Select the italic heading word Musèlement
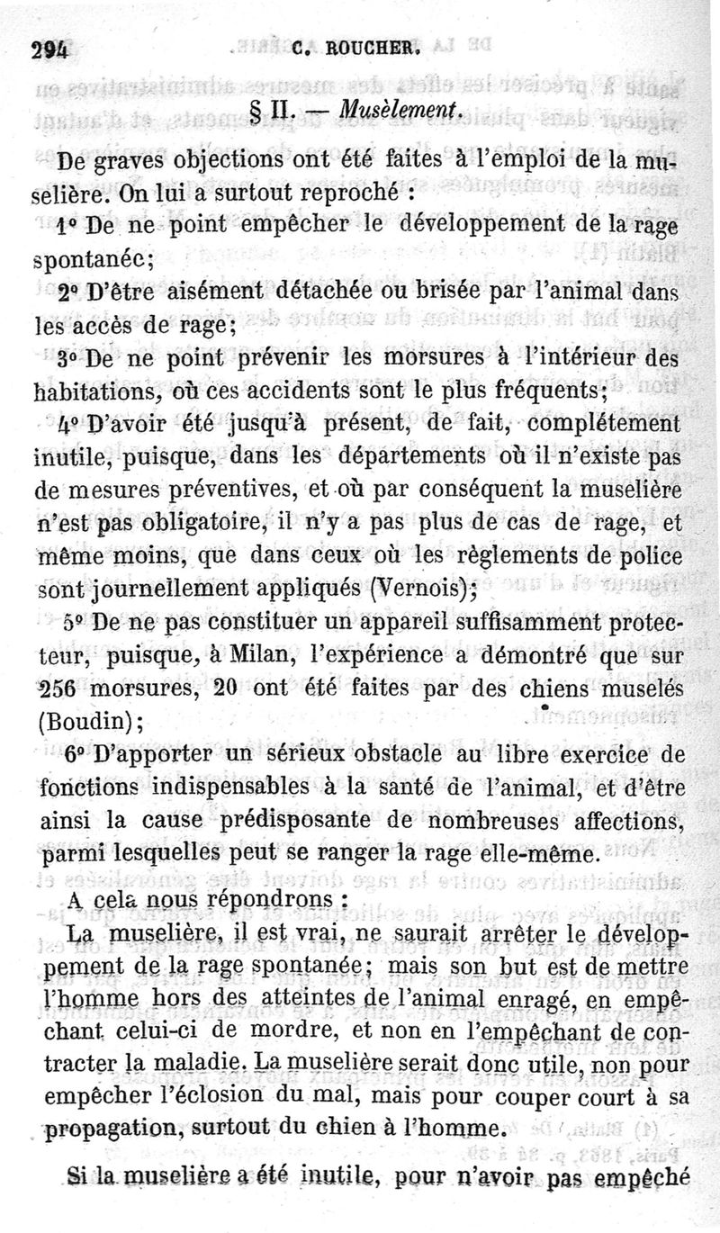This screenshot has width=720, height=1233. pos(403,110)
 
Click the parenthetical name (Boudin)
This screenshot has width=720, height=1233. pos(87,722)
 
